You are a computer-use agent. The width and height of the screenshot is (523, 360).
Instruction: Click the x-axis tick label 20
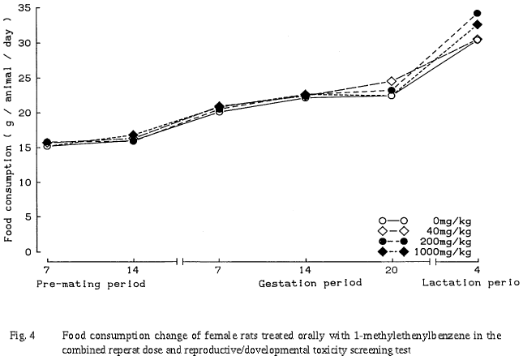click(391, 270)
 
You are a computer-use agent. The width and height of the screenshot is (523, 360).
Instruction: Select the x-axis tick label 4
click(477, 270)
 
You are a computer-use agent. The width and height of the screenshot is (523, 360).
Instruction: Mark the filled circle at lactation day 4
click(477, 14)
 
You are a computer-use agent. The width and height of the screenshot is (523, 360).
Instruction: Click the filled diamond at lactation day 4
click(477, 24)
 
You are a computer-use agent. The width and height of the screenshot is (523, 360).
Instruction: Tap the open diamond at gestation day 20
click(392, 81)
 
